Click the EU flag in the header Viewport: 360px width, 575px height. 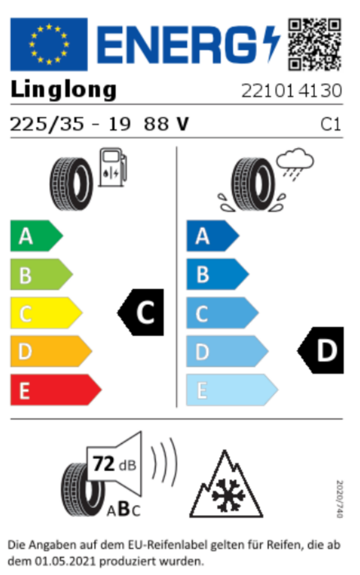(x=49, y=44)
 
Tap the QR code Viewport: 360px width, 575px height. (x=314, y=44)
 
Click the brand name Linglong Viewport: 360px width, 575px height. (x=63, y=90)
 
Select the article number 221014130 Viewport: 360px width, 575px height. (x=292, y=90)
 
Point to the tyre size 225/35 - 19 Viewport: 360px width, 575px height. (x=70, y=124)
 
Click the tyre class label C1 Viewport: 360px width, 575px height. (x=331, y=125)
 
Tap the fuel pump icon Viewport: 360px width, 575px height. (x=113, y=167)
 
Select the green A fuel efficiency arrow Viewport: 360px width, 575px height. (x=37, y=236)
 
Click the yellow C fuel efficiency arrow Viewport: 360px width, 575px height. (x=46, y=313)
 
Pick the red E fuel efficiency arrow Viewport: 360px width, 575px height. (x=56, y=390)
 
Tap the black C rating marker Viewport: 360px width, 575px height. (x=140, y=313)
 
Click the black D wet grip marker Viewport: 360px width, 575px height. (x=320, y=350)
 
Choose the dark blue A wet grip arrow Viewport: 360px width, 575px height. (x=213, y=236)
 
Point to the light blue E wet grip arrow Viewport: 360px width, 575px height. (x=232, y=390)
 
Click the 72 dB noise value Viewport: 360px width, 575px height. (x=114, y=464)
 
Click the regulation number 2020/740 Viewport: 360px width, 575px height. (x=340, y=499)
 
